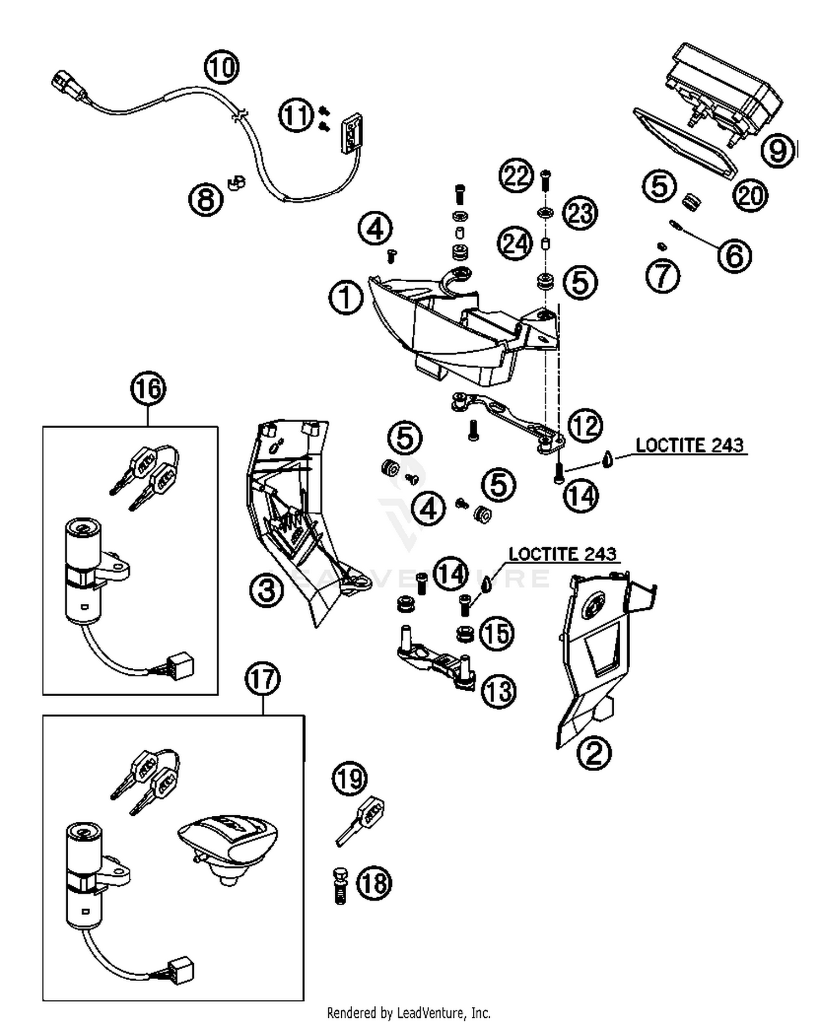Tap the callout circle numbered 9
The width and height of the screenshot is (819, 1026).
778,149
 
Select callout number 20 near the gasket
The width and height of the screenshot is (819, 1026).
750,195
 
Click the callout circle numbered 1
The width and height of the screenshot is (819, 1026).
346,298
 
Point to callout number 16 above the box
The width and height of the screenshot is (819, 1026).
148,389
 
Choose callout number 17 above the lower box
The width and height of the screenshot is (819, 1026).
263,679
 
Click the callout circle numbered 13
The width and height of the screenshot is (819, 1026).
498,692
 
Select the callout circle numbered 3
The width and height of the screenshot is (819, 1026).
266,590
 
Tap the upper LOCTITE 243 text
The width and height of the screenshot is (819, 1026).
689,445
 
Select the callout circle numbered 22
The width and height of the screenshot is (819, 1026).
516,176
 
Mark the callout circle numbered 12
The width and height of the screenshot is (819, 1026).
585,425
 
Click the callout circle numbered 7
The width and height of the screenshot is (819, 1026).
662,275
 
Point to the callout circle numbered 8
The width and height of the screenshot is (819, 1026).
206,199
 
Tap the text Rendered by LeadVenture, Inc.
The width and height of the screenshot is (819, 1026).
408,1013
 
